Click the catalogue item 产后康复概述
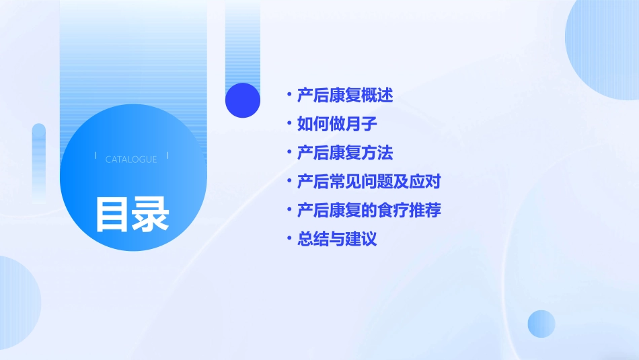[345, 95]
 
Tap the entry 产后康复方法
[345, 153]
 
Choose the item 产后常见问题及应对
[369, 182]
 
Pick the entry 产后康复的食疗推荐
[369, 210]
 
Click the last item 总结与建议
[337, 239]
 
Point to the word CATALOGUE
[131, 159]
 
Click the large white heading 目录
[132, 214]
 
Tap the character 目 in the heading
[112, 214]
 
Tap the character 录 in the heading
[151, 214]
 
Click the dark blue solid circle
[243, 100]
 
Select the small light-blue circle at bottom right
[541, 324]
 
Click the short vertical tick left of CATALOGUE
[96, 155]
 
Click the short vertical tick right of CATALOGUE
[167, 155]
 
